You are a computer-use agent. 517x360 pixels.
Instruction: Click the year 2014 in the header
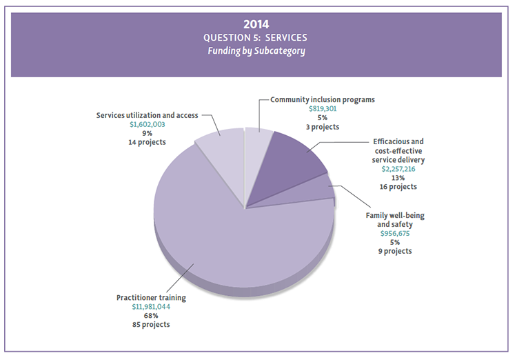[x=258, y=24]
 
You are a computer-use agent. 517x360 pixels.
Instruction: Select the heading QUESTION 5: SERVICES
[x=258, y=37]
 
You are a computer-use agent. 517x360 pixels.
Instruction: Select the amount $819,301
[x=323, y=109]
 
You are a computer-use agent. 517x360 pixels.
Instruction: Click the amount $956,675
[x=395, y=233]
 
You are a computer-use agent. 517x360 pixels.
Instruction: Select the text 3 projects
[x=323, y=127]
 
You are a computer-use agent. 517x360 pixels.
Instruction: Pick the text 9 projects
[x=395, y=251]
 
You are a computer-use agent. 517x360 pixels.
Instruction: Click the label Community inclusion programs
[x=323, y=99]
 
